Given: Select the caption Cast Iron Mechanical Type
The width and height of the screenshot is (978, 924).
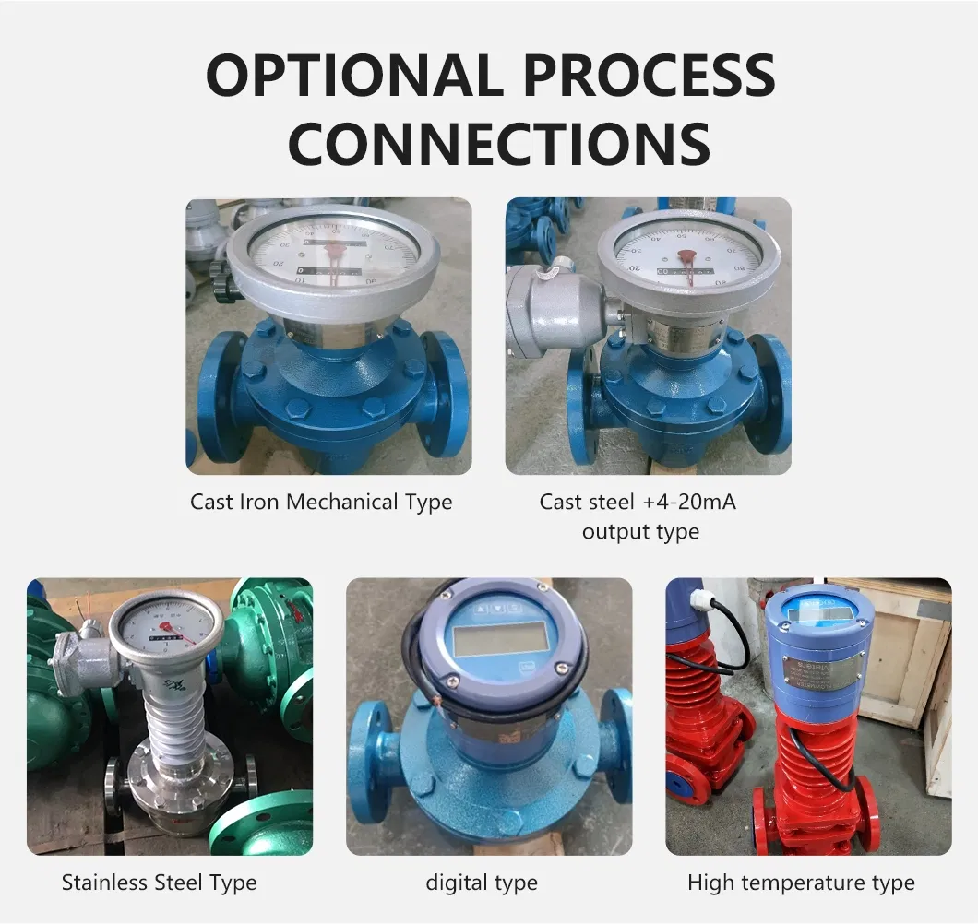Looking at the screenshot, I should coord(321,503).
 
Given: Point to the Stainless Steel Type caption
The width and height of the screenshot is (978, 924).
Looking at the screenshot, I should coord(159,883).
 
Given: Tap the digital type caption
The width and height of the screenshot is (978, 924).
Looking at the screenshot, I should coord(482,883).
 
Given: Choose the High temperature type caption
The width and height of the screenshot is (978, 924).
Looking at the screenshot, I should coord(801,883).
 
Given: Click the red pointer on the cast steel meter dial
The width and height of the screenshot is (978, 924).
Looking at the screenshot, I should coord(686,257).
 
